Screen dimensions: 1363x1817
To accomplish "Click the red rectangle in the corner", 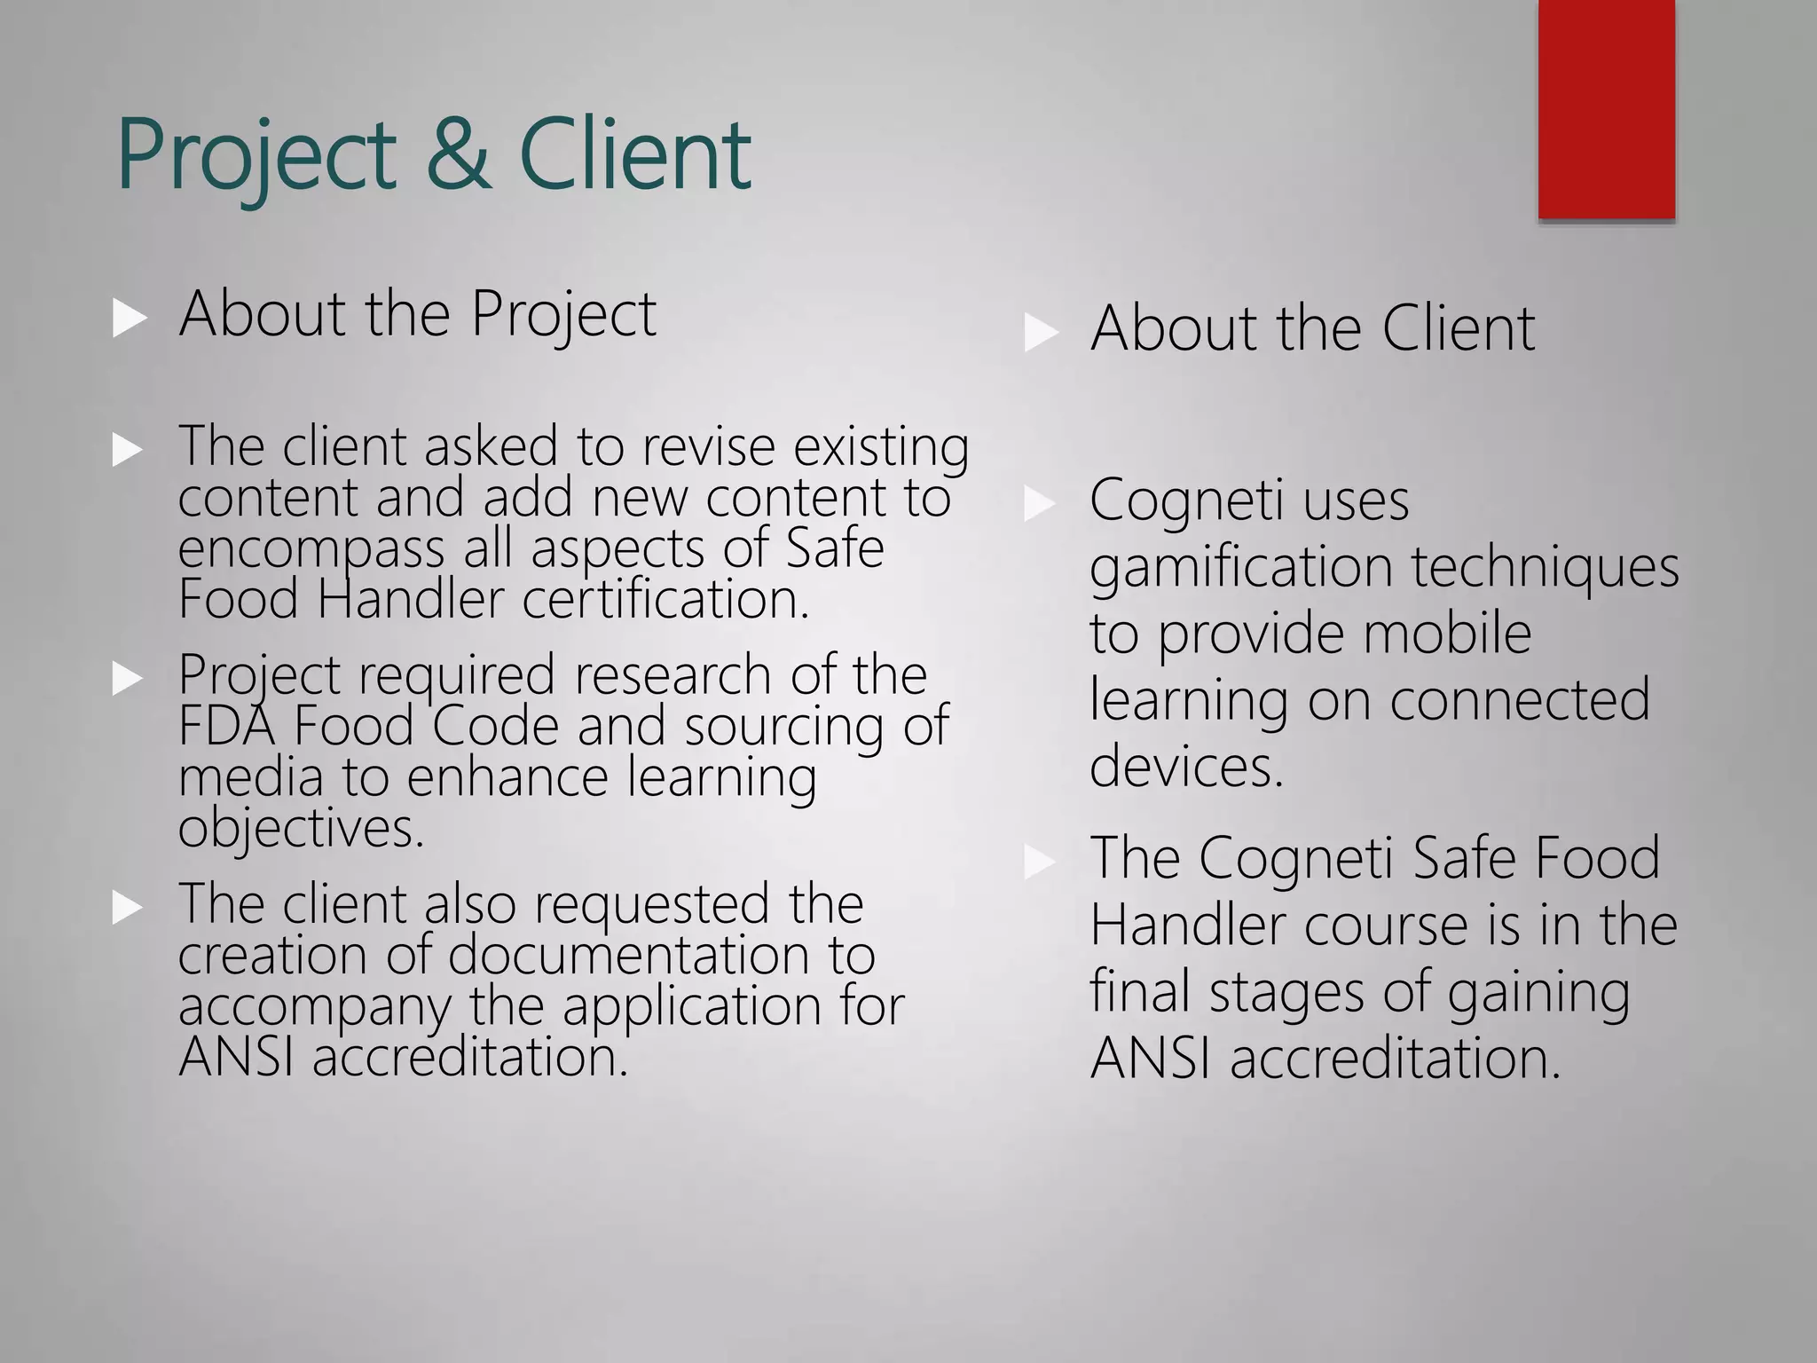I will point(1606,108).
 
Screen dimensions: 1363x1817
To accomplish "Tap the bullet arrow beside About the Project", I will point(130,318).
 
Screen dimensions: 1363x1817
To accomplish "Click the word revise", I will point(709,445).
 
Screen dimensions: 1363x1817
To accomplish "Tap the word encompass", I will point(311,548).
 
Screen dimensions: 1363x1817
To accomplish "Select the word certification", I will point(665,599).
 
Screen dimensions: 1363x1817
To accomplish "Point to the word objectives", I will point(301,829).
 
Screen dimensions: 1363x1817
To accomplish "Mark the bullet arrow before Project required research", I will point(129,679).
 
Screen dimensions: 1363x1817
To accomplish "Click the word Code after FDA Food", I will point(496,726).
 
